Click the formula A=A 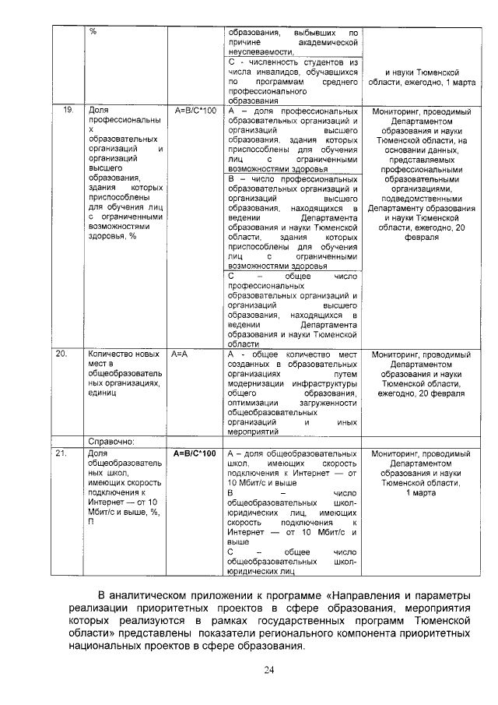(x=181, y=354)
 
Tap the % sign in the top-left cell (x=93, y=31)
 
